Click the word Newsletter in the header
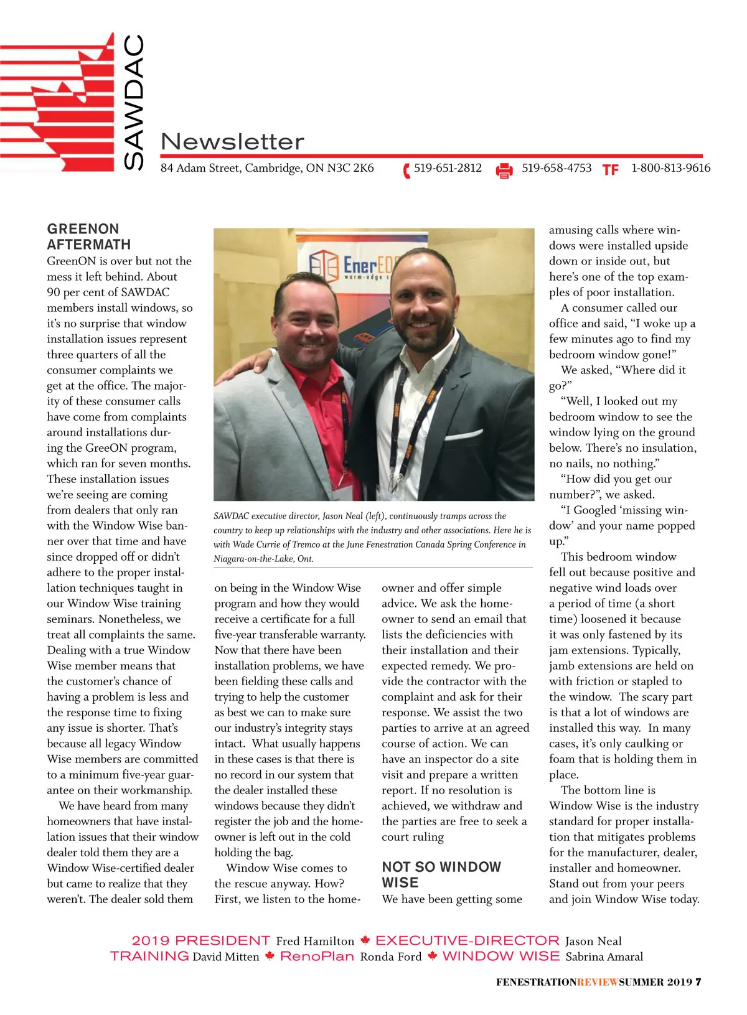point(232,142)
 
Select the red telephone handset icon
point(406,170)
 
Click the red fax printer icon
point(504,170)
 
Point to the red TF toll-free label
point(610,170)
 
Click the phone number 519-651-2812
point(448,168)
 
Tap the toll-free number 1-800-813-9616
point(670,168)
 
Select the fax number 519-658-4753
point(556,168)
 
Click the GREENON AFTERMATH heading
point(89,236)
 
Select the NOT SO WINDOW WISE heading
point(441,874)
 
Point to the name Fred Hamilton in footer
point(315,942)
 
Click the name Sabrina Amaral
point(604,957)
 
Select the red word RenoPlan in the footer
point(317,957)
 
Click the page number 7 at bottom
point(698,982)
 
